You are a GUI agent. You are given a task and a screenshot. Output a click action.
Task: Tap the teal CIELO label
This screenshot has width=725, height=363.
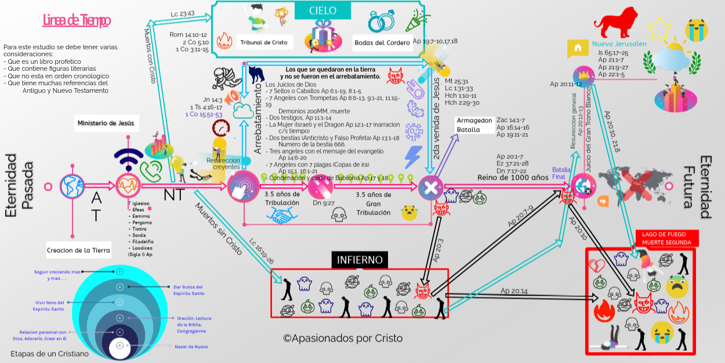click(x=322, y=10)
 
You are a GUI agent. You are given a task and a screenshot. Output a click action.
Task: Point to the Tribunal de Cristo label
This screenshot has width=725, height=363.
click(x=264, y=42)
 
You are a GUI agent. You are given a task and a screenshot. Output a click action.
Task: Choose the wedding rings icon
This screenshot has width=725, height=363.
click(x=381, y=22)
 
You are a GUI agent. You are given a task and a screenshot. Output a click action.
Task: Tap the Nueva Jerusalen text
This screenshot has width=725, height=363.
click(x=619, y=44)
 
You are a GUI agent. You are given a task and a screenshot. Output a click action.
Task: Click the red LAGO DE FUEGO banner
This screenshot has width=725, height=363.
click(x=666, y=238)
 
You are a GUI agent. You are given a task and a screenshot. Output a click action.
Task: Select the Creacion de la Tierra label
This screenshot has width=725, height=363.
click(x=78, y=251)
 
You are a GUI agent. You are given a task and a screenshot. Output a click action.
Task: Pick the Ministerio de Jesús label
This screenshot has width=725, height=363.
click(x=106, y=123)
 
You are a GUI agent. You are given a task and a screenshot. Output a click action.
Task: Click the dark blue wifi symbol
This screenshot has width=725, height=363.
click(x=127, y=159)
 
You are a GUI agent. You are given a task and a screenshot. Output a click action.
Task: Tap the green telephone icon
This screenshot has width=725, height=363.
click(x=151, y=170)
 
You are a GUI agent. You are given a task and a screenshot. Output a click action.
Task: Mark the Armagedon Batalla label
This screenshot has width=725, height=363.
click(x=474, y=125)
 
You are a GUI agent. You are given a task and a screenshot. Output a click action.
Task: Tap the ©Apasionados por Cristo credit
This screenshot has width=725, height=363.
click(x=342, y=338)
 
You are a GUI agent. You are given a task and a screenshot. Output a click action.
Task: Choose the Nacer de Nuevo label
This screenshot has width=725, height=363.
click(x=191, y=347)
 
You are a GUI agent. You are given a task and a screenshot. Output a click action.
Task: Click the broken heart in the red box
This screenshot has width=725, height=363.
click(x=597, y=265)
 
